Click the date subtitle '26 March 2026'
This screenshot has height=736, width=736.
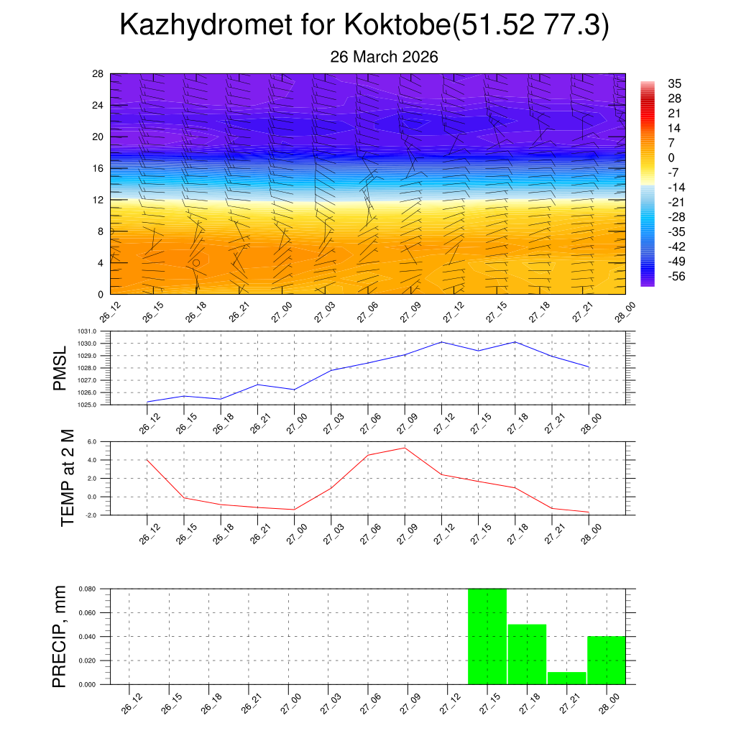(384, 57)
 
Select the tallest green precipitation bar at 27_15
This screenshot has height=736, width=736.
(487, 636)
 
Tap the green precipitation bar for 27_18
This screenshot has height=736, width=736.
(527, 654)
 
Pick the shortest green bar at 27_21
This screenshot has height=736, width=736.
(566, 678)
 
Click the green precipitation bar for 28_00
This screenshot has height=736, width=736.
(606, 660)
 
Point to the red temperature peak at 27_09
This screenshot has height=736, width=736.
(405, 448)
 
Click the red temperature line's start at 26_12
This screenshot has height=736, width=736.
(147, 460)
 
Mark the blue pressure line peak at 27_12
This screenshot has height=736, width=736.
(441, 341)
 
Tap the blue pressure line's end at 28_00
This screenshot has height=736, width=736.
(589, 367)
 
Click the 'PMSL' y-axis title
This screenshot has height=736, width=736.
(60, 368)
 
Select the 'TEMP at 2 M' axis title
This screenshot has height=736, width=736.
(68, 478)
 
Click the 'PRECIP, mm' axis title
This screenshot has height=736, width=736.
(60, 636)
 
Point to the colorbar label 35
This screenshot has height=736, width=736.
(674, 83)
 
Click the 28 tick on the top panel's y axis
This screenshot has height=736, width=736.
(98, 74)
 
